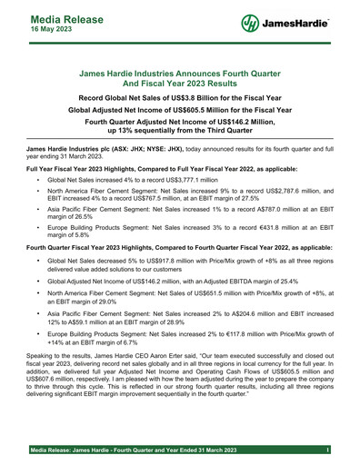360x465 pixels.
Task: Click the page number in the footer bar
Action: click(324, 450)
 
